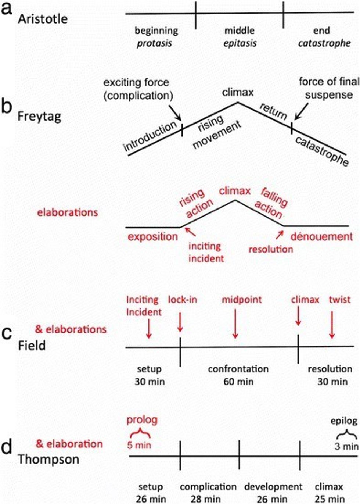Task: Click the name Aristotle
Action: pos(43,19)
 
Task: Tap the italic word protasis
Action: pos(154,43)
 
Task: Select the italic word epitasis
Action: pos(240,43)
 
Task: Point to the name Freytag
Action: pos(39,117)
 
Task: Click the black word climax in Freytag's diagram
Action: pos(238,92)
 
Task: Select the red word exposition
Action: pos(152,237)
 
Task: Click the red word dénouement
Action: pos(321,236)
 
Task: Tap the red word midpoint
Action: pos(242,300)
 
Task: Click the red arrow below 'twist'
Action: pos(332,325)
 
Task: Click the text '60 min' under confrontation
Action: pos(238,382)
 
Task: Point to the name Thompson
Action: pos(48,459)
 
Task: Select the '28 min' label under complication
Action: pos(206,499)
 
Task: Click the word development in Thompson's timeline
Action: pos(273,487)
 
